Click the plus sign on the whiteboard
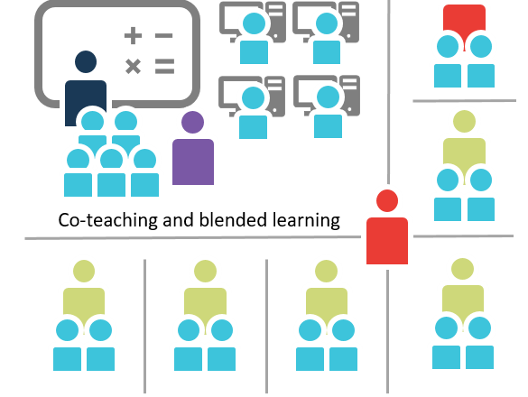pyautogui.click(x=133, y=35)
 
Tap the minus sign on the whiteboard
pyautogui.click(x=163, y=35)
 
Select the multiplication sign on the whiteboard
pyautogui.click(x=133, y=66)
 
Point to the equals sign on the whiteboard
pyautogui.click(x=164, y=66)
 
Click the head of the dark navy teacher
pyautogui.click(x=86, y=61)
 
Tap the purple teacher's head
pyautogui.click(x=192, y=122)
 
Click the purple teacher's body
pyautogui.click(x=193, y=162)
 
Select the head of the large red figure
pyautogui.click(x=387, y=200)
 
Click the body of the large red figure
pyautogui.click(x=387, y=241)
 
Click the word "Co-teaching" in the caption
pyautogui.click(x=107, y=220)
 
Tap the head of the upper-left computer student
pyautogui.click(x=254, y=23)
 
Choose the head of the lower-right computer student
pyautogui.click(x=328, y=97)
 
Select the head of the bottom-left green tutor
pyautogui.click(x=84, y=271)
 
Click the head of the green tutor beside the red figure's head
pyautogui.click(x=464, y=121)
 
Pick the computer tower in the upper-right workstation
pyautogui.click(x=349, y=22)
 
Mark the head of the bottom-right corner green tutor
pyautogui.click(x=462, y=269)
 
